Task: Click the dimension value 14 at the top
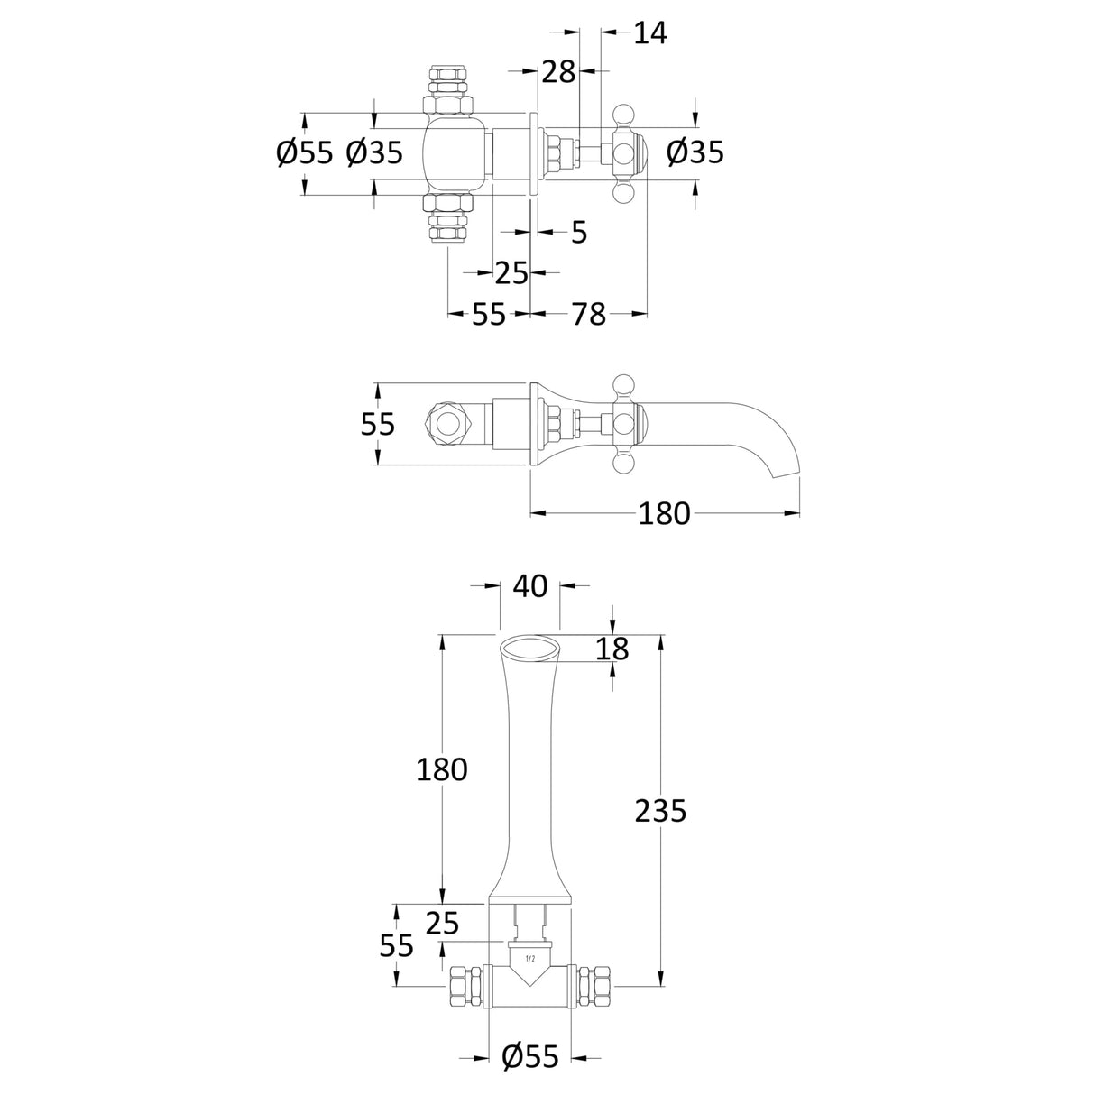[650, 33]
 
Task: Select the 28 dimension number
[558, 72]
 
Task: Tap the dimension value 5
[578, 232]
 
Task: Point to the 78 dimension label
[589, 314]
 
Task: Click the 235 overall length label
[660, 810]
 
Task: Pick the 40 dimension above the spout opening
[529, 586]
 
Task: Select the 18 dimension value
[612, 649]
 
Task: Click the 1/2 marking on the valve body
[529, 959]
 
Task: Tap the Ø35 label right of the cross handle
[695, 152]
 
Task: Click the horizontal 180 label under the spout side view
[664, 513]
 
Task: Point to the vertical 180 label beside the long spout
[442, 770]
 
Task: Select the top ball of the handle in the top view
[623, 112]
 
